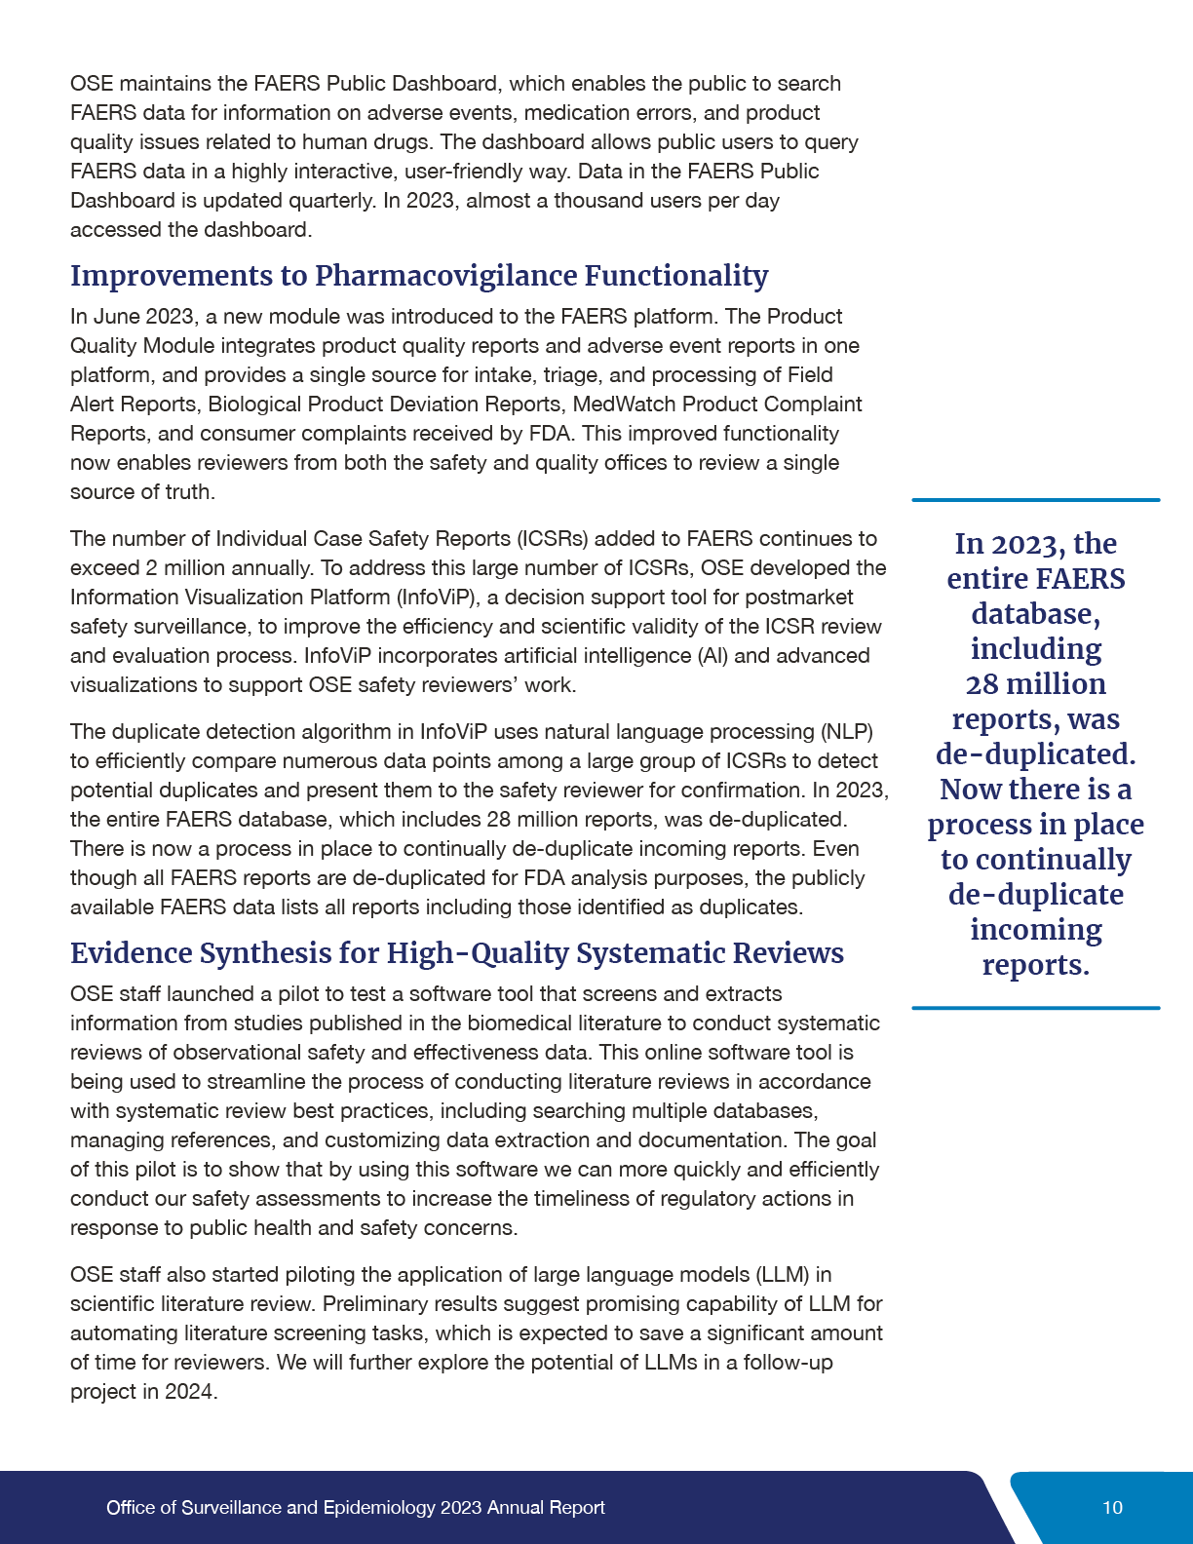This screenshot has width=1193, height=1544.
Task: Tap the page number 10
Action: (1112, 1508)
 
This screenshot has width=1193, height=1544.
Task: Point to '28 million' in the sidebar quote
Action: (1035, 684)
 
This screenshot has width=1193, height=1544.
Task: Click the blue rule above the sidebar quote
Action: (1035, 500)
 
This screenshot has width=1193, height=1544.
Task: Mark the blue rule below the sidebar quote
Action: (1035, 1008)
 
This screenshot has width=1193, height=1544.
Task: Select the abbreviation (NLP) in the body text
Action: (846, 732)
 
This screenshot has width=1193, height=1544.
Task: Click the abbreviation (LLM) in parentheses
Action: (781, 1275)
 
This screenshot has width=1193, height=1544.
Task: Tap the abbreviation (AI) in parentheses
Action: (712, 656)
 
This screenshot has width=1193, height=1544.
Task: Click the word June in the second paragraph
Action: (117, 317)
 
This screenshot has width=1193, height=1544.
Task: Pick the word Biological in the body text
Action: (252, 405)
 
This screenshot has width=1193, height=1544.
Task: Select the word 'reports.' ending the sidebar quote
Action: (1035, 965)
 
